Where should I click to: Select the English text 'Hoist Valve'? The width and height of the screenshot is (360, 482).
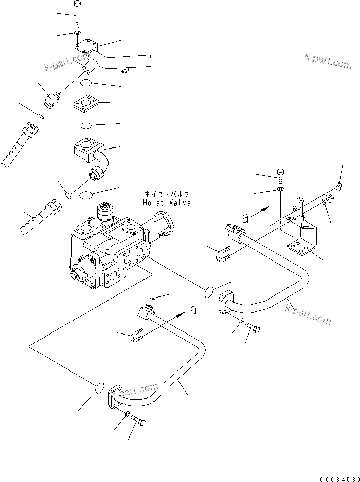167,203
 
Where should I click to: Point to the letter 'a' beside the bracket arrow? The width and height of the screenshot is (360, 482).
246,218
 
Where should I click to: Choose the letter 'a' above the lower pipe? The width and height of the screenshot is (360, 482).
193,310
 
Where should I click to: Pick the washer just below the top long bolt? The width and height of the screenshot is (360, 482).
76,33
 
